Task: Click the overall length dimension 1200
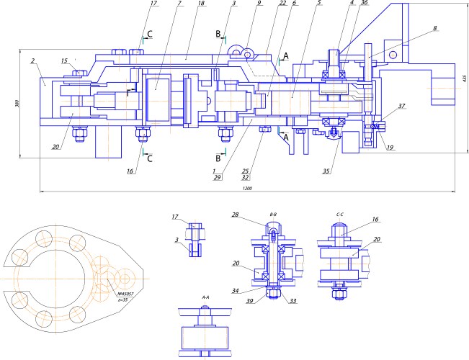point(247,189)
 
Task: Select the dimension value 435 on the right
point(465,78)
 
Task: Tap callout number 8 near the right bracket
point(435,29)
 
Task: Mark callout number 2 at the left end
point(34,62)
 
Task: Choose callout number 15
point(64,60)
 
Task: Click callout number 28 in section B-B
point(236,214)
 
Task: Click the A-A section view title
point(206,297)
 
